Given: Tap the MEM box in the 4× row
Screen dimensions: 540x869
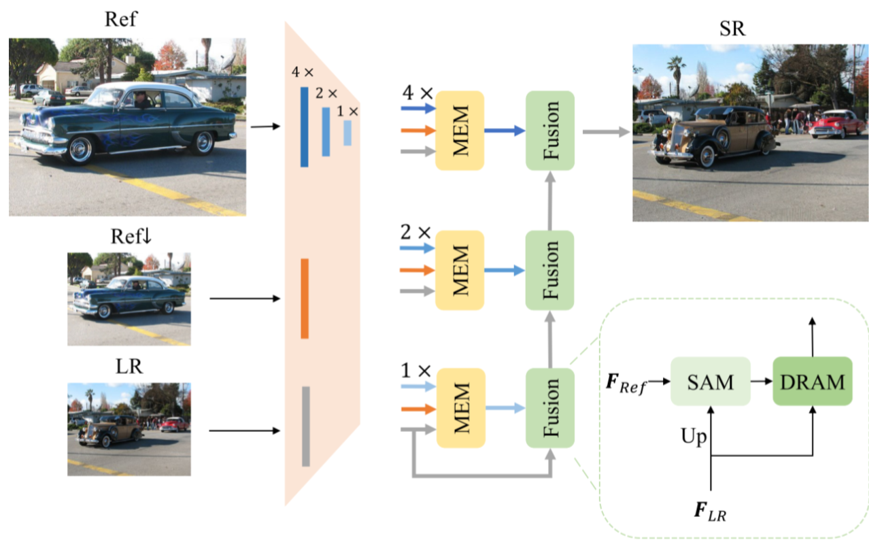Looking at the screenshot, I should [x=460, y=131].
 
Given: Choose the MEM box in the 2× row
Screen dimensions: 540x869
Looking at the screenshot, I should [x=460, y=270].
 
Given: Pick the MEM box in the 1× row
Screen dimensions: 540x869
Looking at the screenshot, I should [x=460, y=408].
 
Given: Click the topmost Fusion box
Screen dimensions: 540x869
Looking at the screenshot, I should [x=550, y=131].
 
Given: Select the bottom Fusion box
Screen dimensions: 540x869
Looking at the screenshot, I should [x=550, y=408].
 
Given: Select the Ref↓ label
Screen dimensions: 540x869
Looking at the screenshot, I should [x=129, y=237].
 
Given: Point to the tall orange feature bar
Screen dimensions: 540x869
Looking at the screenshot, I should [x=305, y=298].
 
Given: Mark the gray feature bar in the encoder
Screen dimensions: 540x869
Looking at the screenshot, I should [x=306, y=426].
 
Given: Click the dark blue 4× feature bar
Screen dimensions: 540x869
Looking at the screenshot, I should [x=304, y=126].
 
